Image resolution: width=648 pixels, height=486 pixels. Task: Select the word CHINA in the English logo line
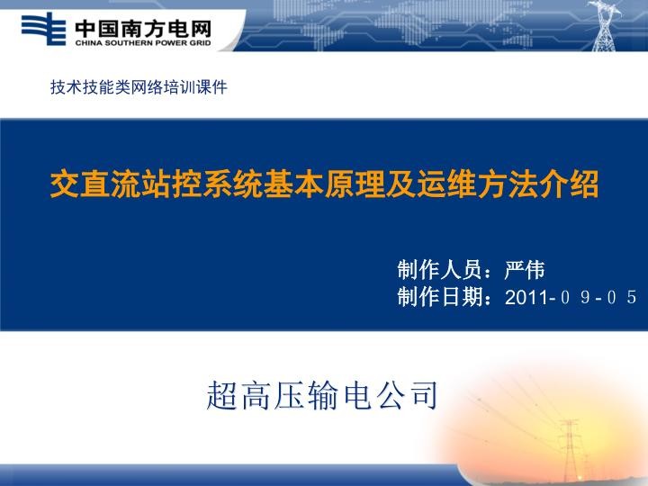pyautogui.click(x=88, y=40)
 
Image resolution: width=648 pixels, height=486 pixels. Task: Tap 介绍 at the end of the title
pyautogui.click(x=577, y=184)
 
